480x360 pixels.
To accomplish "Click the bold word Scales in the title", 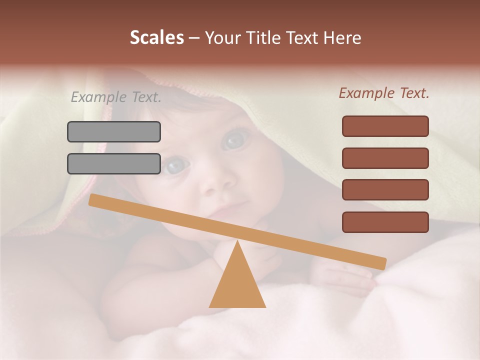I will [x=156, y=38].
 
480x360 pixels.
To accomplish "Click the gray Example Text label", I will [x=116, y=97].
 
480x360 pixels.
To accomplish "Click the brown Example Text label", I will [x=384, y=93].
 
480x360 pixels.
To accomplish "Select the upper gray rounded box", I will [x=114, y=131].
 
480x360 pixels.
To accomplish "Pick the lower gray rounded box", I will [x=114, y=163].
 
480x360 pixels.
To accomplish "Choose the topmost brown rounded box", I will [x=385, y=126].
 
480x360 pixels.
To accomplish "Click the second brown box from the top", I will [x=385, y=158].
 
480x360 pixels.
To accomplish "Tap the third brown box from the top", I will [x=385, y=189].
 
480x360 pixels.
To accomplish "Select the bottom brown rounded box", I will [x=385, y=222].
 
